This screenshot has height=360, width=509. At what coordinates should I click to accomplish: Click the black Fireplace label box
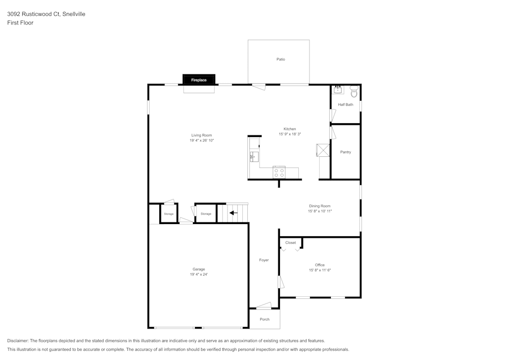coord(199,80)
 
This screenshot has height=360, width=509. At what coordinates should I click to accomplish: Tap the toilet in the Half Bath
coord(354,92)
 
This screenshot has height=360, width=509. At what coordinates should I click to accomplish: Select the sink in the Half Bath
coord(338,91)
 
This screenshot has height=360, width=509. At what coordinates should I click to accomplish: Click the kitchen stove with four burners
coord(278,172)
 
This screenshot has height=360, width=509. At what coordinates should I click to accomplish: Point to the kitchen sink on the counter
coord(254,156)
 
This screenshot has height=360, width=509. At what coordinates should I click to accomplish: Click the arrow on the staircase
coord(233,213)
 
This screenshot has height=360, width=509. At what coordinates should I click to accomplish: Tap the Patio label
coord(280,60)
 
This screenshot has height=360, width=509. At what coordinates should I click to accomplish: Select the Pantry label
coord(346,152)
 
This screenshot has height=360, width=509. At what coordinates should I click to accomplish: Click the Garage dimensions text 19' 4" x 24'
coord(199,274)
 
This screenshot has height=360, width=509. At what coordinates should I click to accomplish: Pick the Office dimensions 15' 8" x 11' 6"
coord(320,270)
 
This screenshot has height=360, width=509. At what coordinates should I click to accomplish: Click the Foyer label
coord(264,260)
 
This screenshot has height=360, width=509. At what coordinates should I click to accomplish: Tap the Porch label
coord(265,319)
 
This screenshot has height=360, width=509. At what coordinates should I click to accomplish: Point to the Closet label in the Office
coord(290,243)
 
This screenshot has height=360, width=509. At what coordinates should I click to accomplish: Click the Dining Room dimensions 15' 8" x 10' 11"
coord(320,211)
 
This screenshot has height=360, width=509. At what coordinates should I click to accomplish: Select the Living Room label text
coord(202,135)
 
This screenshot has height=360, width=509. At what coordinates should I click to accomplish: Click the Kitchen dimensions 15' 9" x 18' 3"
coord(290,134)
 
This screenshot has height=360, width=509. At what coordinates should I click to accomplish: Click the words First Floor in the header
coord(20,23)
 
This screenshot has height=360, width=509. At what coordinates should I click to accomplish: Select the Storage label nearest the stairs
coord(206,214)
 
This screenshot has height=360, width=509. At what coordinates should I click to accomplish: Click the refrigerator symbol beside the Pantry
coord(323,151)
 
